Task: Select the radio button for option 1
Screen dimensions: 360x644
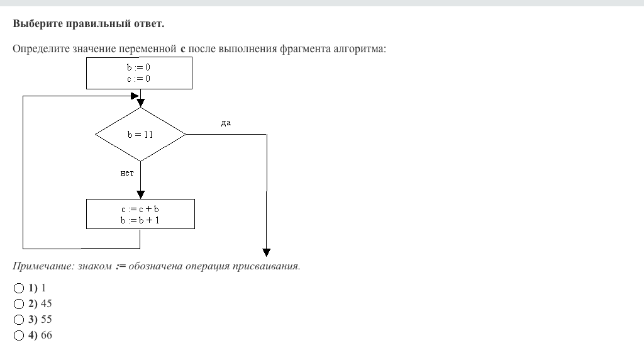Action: [18, 288]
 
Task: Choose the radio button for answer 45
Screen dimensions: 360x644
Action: [18, 304]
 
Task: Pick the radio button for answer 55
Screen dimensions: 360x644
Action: [18, 320]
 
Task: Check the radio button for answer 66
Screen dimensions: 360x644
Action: [18, 335]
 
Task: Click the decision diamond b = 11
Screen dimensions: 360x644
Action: [140, 135]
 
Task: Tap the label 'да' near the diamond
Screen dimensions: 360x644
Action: [226, 123]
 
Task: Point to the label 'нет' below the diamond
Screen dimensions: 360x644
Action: [127, 174]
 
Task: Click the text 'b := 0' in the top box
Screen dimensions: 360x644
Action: [138, 67]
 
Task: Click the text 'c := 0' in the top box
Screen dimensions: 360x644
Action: [138, 79]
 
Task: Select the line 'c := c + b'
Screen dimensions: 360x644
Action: [140, 209]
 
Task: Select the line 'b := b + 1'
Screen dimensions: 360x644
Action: [140, 220]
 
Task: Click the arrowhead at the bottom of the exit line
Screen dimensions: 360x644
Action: [267, 247]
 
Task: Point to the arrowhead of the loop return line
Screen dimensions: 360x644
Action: [134, 96]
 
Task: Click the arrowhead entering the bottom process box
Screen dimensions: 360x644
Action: [140, 194]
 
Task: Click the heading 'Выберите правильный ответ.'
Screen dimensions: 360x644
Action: [88, 24]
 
